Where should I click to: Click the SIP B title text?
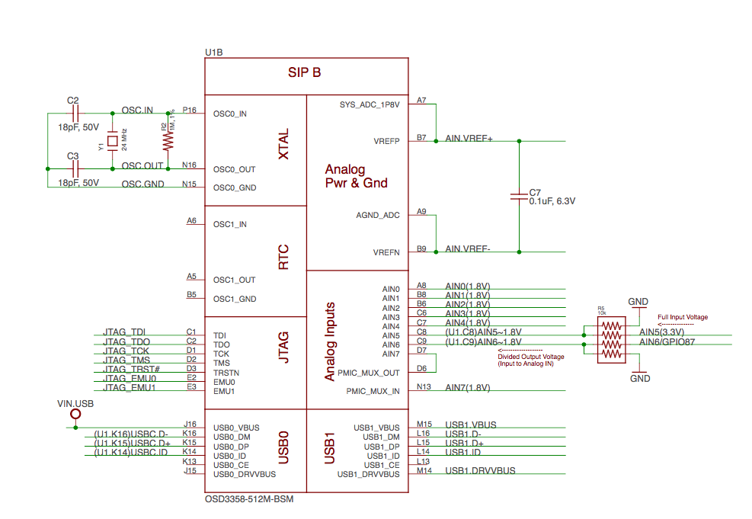click(304, 72)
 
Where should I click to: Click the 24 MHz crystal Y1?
click(113, 141)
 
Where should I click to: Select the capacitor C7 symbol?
click(519, 196)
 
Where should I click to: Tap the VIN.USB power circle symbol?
click(75, 415)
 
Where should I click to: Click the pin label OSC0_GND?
click(235, 187)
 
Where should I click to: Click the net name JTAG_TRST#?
click(131, 369)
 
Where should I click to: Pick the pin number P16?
click(189, 110)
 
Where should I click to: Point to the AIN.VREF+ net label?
click(469, 139)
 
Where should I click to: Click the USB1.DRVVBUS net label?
click(480, 470)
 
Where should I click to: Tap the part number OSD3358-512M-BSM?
click(249, 500)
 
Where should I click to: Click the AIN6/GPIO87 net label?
click(667, 341)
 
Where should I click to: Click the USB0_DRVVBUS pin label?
click(245, 474)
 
